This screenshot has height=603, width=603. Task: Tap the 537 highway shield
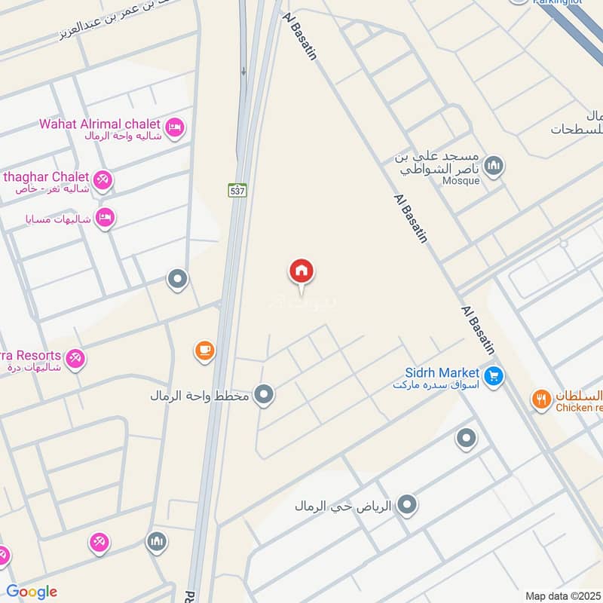coord(237,191)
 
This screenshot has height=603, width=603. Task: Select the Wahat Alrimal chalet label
coord(99,124)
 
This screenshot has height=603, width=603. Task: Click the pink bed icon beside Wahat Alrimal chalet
coord(174,127)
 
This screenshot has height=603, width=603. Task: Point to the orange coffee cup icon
coord(204,350)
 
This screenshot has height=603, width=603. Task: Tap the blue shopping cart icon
coord(494,375)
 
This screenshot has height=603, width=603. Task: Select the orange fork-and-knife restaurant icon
coord(540,399)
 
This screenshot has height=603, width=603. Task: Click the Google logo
coord(32,592)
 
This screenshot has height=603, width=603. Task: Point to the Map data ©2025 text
coord(562,595)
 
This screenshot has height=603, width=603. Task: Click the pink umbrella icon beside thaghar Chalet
coord(104,179)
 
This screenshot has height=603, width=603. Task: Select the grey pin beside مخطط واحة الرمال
coord(263,394)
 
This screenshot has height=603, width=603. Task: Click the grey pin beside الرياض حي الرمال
coord(407,505)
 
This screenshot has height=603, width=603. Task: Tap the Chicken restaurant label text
coord(579,408)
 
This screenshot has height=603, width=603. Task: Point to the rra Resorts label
coord(30,355)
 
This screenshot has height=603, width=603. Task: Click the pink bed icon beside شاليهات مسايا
coord(106,217)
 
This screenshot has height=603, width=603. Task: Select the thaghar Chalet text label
coord(47,176)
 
